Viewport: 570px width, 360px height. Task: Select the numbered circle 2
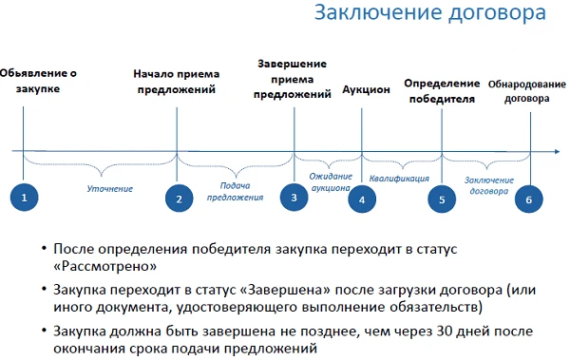[x=178, y=199]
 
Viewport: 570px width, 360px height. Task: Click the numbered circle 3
[x=294, y=198]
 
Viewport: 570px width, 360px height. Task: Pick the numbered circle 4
[x=362, y=199]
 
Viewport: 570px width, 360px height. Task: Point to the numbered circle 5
[x=442, y=199]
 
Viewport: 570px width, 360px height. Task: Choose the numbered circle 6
[x=529, y=199]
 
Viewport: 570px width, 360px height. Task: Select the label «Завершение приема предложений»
[x=292, y=80]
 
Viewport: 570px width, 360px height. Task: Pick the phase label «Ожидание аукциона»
[x=332, y=181]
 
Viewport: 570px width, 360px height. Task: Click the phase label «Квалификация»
[x=400, y=178]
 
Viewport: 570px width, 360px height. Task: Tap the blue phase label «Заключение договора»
[x=488, y=184]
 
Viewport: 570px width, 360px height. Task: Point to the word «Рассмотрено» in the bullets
[x=112, y=267]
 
